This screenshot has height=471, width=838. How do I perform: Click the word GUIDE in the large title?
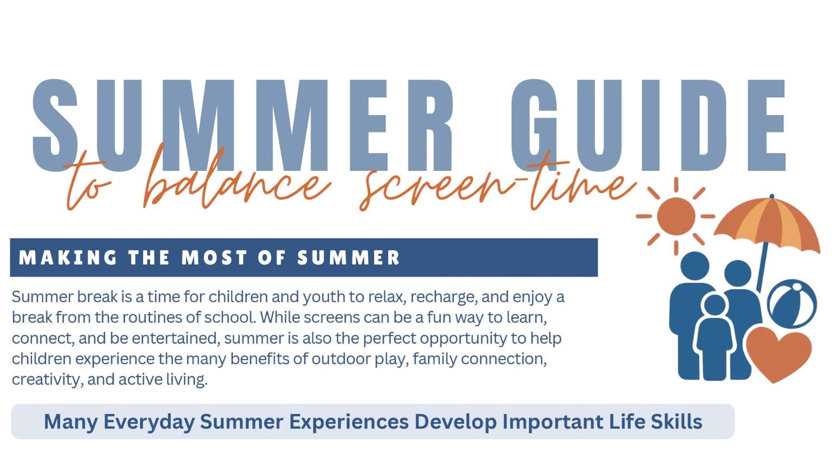tap(647, 125)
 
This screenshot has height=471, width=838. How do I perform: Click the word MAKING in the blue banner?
tap(68, 257)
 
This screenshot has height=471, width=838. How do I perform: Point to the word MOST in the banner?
tap(214, 257)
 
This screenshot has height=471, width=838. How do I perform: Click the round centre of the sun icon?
tap(676, 216)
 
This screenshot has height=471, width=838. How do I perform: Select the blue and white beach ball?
tap(792, 303)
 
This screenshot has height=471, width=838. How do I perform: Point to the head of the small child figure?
tap(715, 305)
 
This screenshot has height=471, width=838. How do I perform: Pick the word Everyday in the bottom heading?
tap(149, 422)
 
